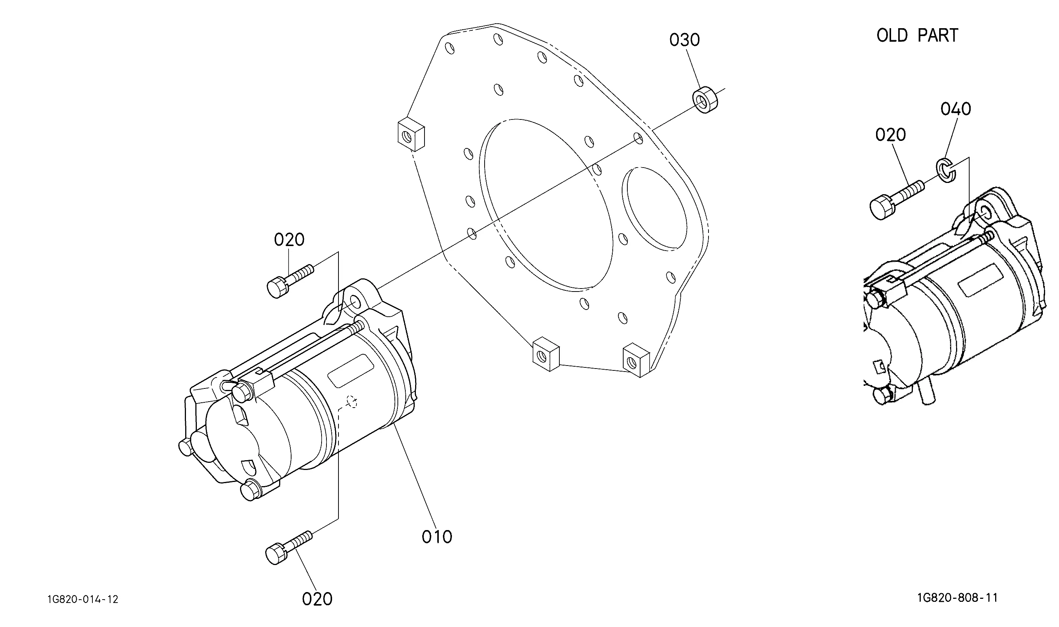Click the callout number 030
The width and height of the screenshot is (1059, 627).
pyautogui.click(x=684, y=40)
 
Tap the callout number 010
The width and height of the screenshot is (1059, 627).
pyautogui.click(x=437, y=537)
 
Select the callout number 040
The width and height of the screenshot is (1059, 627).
pyautogui.click(x=956, y=109)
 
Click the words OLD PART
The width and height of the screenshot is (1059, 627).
pyautogui.click(x=917, y=35)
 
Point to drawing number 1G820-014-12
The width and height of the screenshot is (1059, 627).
pyautogui.click(x=83, y=600)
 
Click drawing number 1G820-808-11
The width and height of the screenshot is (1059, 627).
pyautogui.click(x=957, y=598)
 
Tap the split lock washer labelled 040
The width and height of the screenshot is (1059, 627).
pyautogui.click(x=946, y=170)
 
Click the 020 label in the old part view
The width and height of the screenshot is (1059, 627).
pyautogui.click(x=890, y=135)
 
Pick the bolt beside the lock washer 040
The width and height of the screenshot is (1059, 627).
pyautogui.click(x=896, y=199)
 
